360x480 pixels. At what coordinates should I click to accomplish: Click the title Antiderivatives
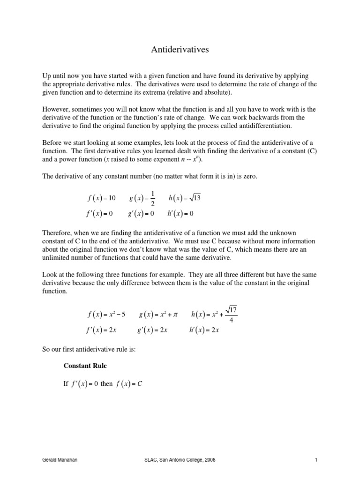pyautogui.click(x=180, y=49)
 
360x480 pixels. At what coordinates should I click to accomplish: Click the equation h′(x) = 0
pyautogui.click(x=180, y=214)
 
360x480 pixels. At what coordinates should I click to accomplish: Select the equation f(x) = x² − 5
pyautogui.click(x=106, y=314)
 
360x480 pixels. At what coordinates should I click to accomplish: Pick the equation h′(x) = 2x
pyautogui.click(x=205, y=330)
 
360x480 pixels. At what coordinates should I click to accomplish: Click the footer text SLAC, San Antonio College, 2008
pyautogui.click(x=180, y=460)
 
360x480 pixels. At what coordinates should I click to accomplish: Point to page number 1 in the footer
pyautogui.click(x=316, y=460)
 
